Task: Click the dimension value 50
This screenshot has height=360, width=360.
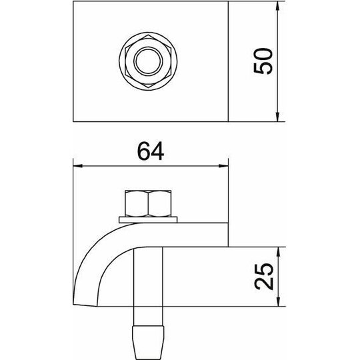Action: (263, 61)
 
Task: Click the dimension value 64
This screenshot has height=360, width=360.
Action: (151, 151)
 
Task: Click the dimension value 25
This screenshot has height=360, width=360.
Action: (264, 277)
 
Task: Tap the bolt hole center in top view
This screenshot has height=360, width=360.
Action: (148, 61)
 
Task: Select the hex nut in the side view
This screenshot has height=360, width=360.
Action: (148, 203)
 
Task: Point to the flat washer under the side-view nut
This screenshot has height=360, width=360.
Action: (148, 219)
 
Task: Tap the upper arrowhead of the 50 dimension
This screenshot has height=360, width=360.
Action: (277, 6)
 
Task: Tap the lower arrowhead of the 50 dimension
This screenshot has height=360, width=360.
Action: (277, 117)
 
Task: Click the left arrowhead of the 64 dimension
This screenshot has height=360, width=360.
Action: (77, 166)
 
